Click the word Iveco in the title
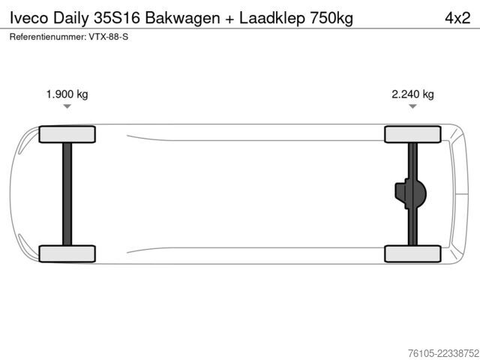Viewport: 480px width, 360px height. point(28,18)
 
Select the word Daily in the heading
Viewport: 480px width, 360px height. point(70,19)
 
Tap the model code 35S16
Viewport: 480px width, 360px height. point(117,18)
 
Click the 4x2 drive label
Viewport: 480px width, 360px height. point(457,18)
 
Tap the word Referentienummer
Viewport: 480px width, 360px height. point(48,37)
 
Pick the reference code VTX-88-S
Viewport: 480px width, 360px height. point(109,37)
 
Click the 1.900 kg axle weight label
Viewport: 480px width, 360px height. point(67,94)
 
